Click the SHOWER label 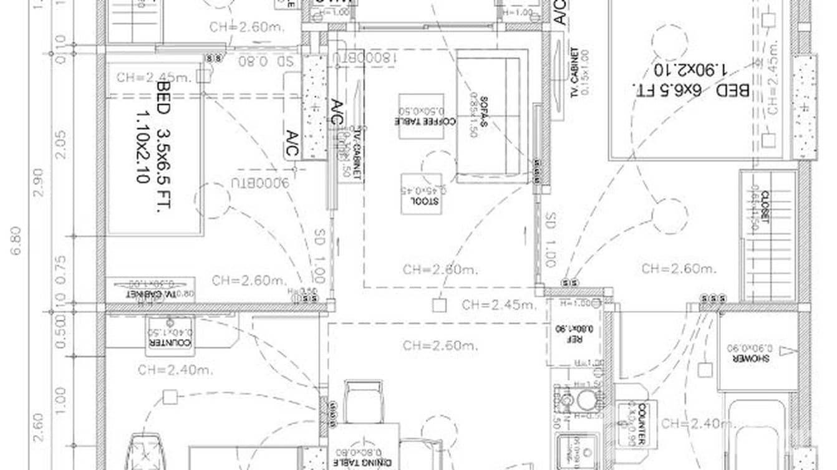coord(756,358)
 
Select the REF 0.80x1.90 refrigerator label coord(569,335)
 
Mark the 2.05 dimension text coord(60,144)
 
